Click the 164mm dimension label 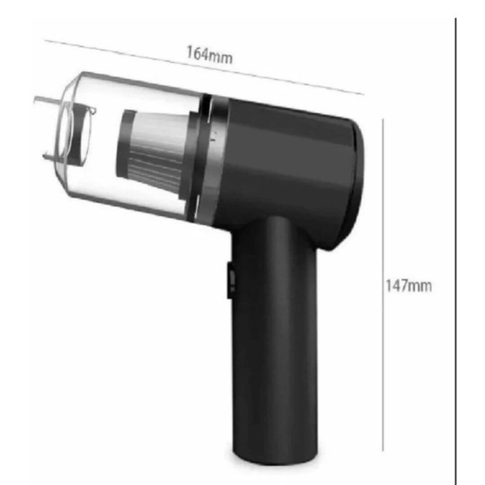pos(209,55)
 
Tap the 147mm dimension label pos(409,286)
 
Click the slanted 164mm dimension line pos(204,67)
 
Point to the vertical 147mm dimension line pos(383,285)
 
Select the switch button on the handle pos(230,280)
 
